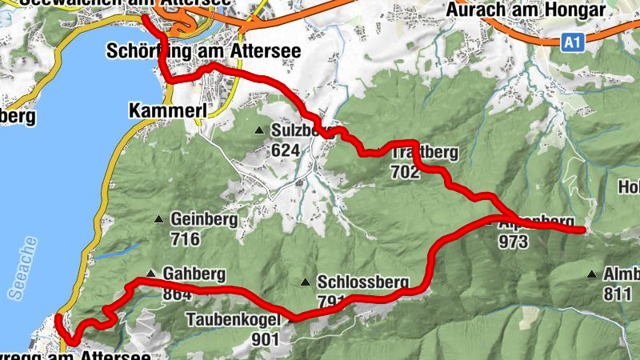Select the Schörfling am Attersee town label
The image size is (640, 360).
[203, 51]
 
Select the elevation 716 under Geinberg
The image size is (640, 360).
[185, 238]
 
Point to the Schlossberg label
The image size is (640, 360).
[363, 282]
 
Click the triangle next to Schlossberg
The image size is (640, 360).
[305, 282]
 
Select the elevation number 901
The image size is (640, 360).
[264, 338]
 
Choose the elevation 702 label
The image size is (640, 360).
[406, 171]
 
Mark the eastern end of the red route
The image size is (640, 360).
[582, 230]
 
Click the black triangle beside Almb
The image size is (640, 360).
[592, 274]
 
